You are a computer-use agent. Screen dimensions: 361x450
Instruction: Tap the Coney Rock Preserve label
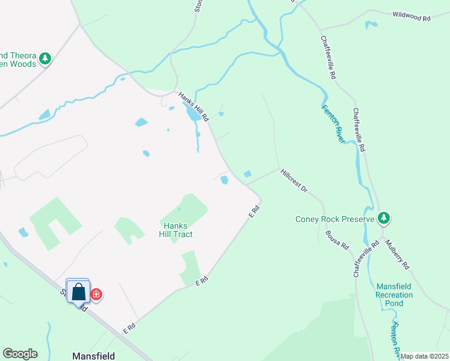tap(335, 219)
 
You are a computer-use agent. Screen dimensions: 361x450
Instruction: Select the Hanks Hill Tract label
tap(176, 230)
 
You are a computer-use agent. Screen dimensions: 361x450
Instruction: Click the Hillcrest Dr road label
tap(294, 180)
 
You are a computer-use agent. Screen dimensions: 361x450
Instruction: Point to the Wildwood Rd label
tap(411, 16)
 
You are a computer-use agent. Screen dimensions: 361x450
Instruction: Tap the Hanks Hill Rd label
tap(193, 105)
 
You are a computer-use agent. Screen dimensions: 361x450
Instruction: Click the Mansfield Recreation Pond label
tap(394, 295)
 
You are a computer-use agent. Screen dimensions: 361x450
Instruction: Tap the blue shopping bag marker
tap(78, 292)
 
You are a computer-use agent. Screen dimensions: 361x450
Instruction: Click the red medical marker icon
tap(96, 294)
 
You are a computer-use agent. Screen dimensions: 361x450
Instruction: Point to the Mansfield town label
tap(93, 356)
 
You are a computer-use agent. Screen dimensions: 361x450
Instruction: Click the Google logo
tap(20, 354)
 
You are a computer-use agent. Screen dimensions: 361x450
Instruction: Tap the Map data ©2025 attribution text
tap(424, 356)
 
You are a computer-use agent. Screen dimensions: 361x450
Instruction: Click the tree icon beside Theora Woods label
tap(45, 58)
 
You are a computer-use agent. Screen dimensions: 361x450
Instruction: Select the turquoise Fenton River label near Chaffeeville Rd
tap(333, 125)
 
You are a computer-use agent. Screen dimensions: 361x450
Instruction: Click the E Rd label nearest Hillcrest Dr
tap(255, 211)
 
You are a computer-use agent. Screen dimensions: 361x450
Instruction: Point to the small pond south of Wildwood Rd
tap(371, 25)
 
